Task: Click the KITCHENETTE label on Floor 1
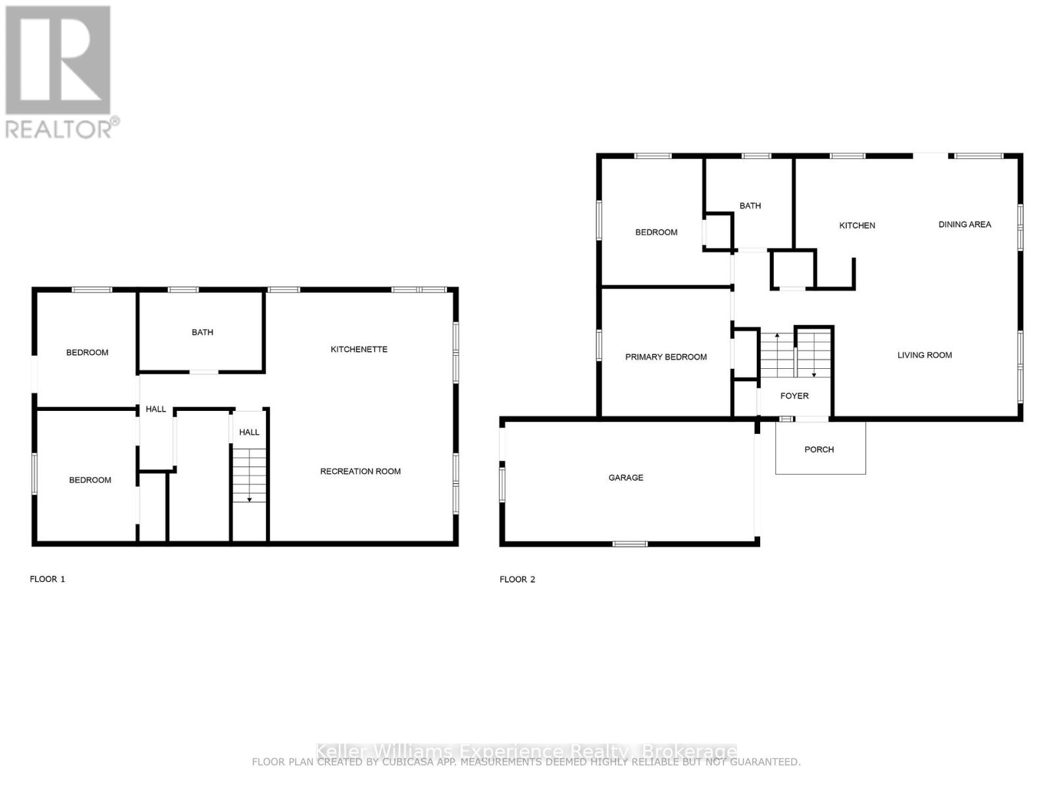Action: coord(359,349)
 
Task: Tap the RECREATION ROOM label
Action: coord(360,471)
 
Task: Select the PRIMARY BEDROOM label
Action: coord(665,357)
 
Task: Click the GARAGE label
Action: coord(625,478)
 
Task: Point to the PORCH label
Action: coord(819,450)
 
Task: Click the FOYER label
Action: coord(794,396)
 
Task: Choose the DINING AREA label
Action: coord(964,224)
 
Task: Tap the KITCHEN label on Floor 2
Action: coord(857,226)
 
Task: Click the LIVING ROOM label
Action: coord(924,355)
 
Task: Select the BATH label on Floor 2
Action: coord(750,206)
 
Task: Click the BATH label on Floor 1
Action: coord(202,332)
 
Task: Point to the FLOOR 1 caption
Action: coord(47,579)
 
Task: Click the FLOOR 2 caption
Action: coord(517,579)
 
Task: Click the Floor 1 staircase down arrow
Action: coord(249,499)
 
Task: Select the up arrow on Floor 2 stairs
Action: coord(777,337)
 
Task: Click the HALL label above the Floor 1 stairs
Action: coord(249,432)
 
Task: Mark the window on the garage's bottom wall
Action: coord(630,544)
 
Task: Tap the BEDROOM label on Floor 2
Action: coord(655,232)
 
